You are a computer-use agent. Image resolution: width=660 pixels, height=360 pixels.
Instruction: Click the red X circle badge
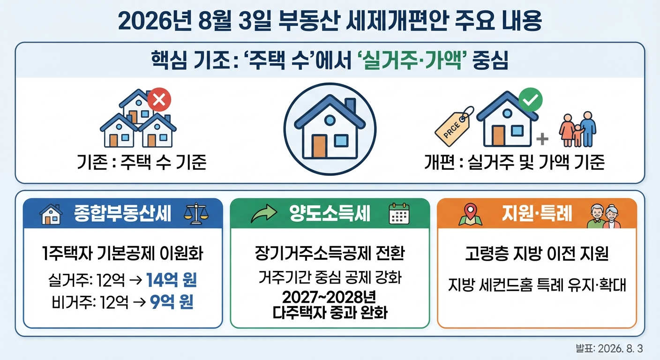click(159, 99)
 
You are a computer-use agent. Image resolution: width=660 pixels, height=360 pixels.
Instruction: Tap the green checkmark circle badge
click(530, 99)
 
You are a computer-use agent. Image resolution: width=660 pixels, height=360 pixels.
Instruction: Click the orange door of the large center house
click(319, 146)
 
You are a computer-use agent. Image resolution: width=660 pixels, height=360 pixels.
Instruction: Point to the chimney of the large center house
click(350, 105)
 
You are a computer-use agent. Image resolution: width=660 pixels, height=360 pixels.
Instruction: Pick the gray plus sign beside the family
click(542, 139)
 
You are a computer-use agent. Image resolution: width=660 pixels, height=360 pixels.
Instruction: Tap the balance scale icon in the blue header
click(196, 214)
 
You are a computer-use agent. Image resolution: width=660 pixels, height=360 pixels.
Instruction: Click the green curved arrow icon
click(264, 214)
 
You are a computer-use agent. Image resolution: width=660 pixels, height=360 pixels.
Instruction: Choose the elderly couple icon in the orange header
click(604, 216)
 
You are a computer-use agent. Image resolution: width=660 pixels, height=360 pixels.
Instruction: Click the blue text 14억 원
click(172, 280)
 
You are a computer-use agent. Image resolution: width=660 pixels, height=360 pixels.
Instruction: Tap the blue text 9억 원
click(172, 302)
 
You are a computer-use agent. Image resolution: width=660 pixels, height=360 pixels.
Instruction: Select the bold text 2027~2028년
click(329, 298)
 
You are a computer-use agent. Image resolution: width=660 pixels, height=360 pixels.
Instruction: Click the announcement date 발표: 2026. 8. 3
click(609, 348)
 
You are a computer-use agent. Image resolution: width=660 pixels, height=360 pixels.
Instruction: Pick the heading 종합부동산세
click(122, 213)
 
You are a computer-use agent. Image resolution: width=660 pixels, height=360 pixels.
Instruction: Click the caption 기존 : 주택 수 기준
click(142, 162)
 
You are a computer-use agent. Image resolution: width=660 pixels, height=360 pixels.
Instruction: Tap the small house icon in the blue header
click(51, 214)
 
